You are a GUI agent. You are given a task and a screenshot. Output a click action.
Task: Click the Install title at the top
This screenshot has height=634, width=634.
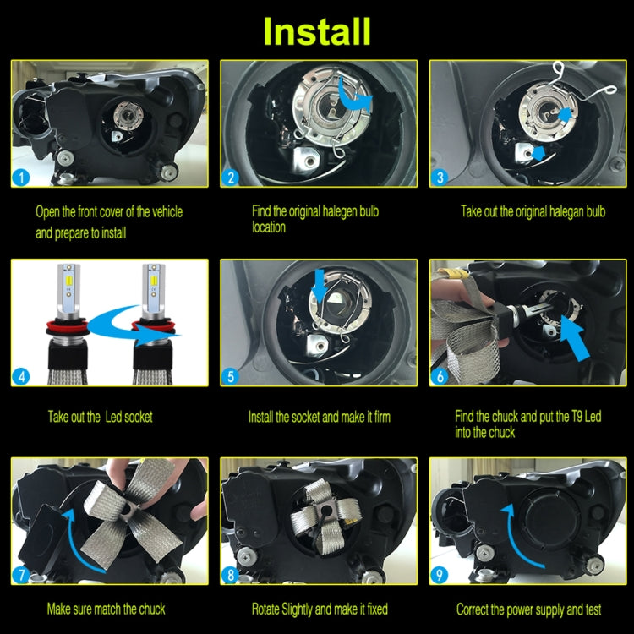[317, 30]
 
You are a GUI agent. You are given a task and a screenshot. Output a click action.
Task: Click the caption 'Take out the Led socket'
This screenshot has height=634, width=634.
[100, 417]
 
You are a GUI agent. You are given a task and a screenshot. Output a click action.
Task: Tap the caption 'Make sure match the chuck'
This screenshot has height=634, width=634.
[107, 609]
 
